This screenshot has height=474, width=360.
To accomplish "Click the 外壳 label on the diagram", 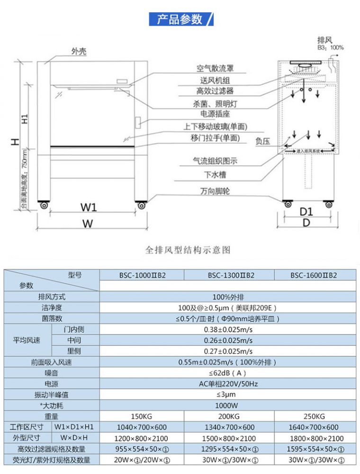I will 79,51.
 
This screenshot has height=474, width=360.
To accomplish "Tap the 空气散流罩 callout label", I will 215,69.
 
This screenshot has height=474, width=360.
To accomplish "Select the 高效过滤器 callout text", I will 215,91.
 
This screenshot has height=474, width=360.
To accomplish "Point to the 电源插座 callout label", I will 215,114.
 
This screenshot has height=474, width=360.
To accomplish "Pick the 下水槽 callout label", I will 215,175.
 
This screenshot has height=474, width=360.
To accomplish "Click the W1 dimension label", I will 88,207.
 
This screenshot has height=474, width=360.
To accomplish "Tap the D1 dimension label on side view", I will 306,211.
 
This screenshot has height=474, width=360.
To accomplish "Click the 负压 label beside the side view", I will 262,141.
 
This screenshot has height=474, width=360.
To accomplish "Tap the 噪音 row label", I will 52,373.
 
